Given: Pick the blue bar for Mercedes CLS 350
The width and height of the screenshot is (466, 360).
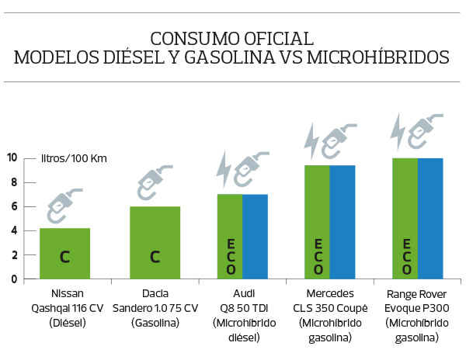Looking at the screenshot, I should click(x=343, y=221).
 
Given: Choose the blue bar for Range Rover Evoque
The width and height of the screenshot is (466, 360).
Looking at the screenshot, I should click(x=430, y=218).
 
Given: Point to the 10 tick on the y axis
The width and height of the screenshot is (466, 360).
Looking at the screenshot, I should click(x=12, y=157).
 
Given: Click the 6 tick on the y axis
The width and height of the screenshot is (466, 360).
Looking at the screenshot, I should click(x=13, y=206).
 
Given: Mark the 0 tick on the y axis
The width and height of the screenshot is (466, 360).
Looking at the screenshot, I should click(x=13, y=279).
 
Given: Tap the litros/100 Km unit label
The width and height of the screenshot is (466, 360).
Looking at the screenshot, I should click(x=74, y=159).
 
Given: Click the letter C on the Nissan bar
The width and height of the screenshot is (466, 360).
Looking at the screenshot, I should click(x=64, y=256).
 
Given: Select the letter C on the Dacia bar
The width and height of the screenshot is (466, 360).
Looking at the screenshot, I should click(x=155, y=256).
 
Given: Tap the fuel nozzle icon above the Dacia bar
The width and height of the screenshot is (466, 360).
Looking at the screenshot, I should click(x=154, y=183).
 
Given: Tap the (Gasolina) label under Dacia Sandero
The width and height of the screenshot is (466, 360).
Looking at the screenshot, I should click(x=155, y=322).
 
